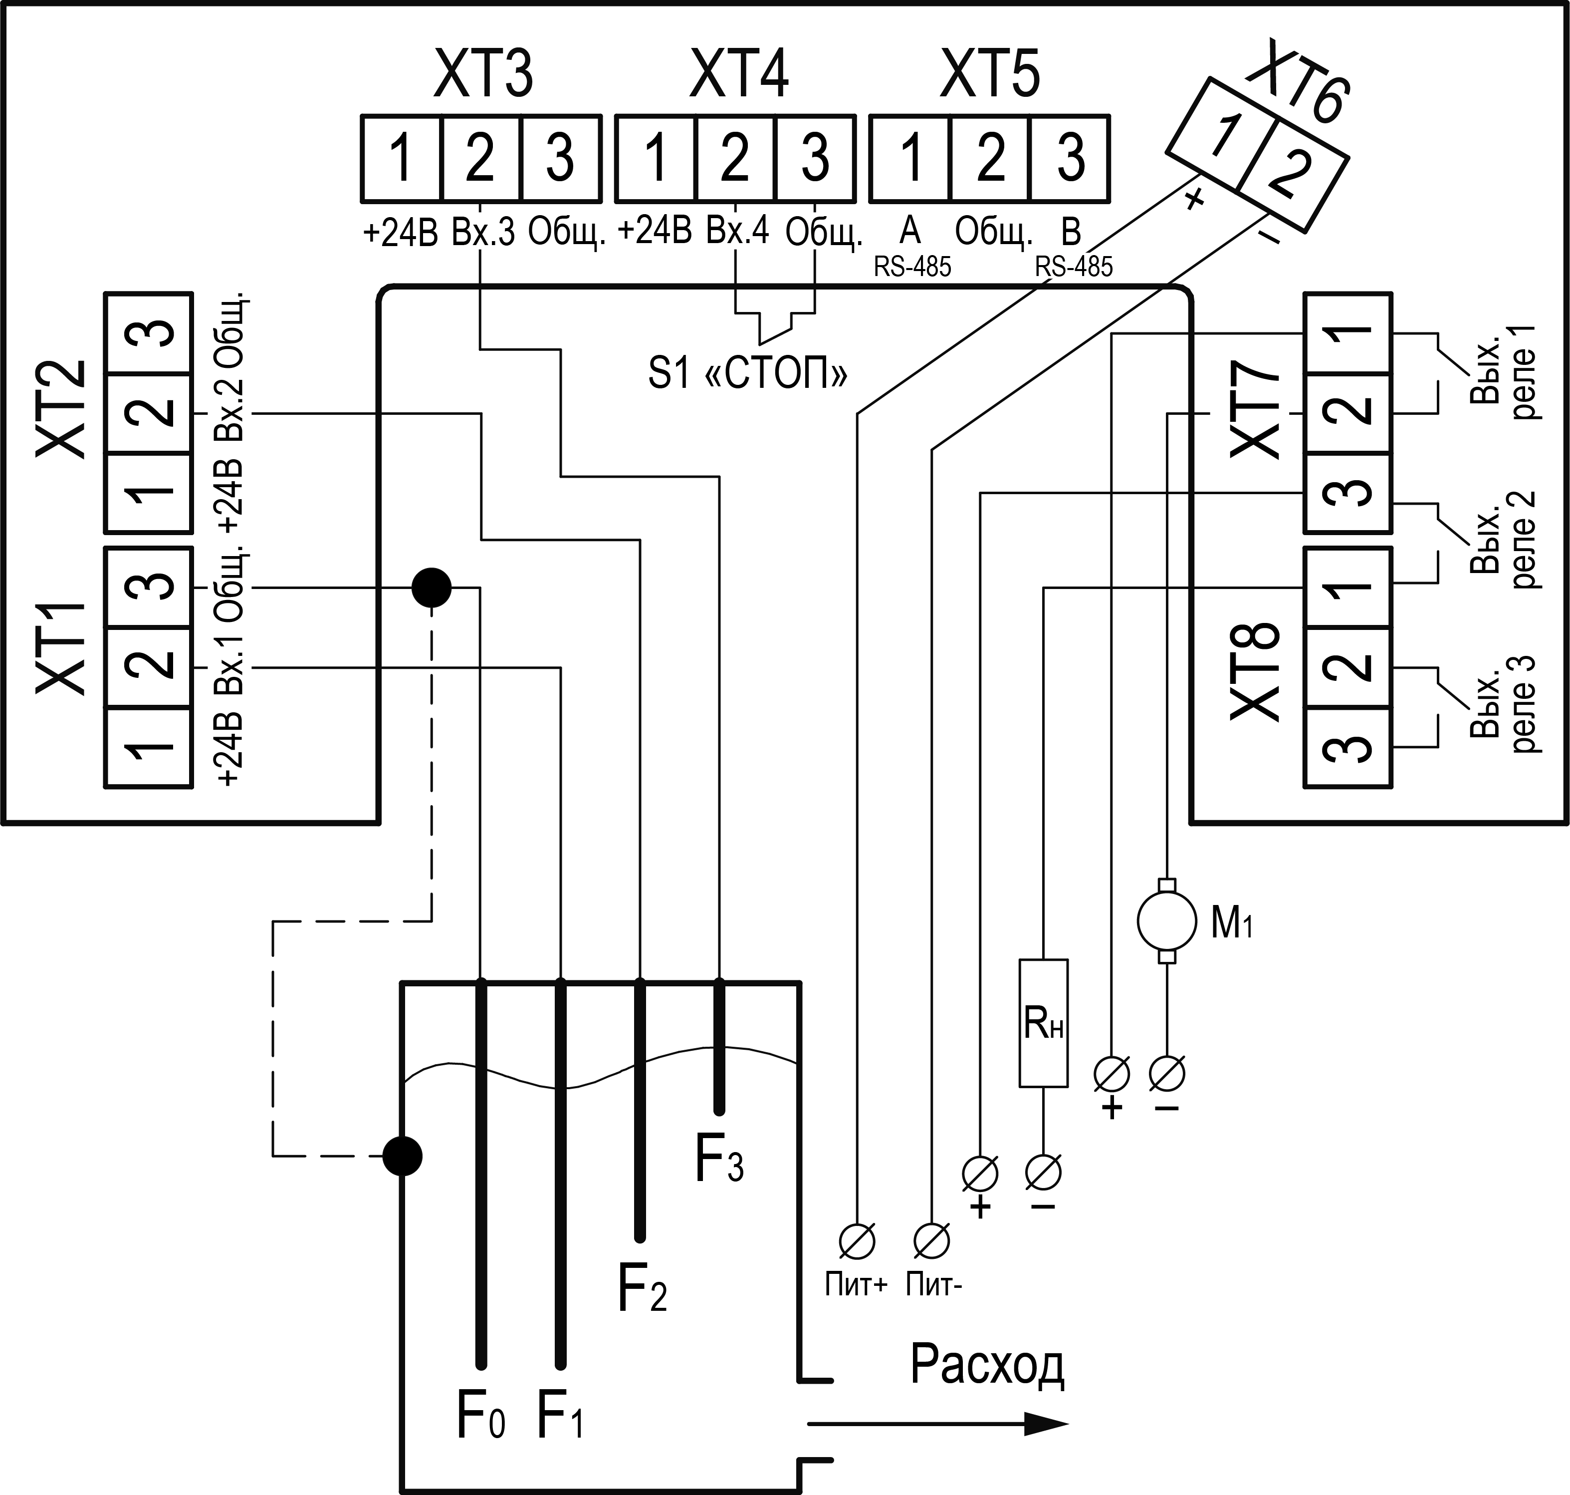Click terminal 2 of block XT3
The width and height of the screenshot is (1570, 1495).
coord(480,158)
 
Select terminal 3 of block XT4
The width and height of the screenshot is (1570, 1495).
coord(815,158)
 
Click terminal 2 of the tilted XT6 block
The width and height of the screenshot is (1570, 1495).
coord(1292,176)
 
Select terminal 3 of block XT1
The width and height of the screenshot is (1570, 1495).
coord(148,588)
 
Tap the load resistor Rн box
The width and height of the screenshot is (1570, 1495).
coord(1043,1023)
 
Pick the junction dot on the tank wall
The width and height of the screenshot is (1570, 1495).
coord(402,1156)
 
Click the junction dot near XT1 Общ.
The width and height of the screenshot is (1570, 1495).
coord(431,588)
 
